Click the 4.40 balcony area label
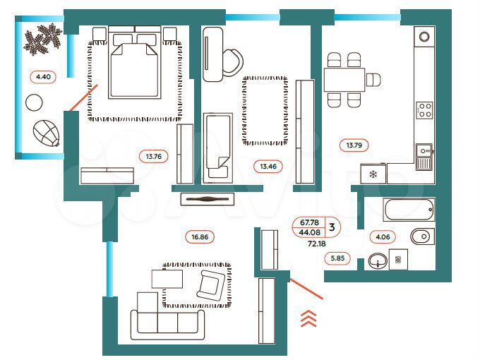pyautogui.click(x=40, y=76)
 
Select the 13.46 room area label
pyautogui.click(x=267, y=167)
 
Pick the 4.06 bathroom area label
pyautogui.click(x=382, y=237)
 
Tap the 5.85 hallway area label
pyautogui.click(x=340, y=259)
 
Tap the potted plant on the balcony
pyautogui.click(x=42, y=40)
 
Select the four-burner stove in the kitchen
pyautogui.click(x=424, y=109)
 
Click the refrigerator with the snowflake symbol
pyautogui.click(x=372, y=174)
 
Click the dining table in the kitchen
pyautogui.click(x=344, y=79)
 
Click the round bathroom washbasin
pyautogui.click(x=378, y=261)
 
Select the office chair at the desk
pyautogui.click(x=231, y=62)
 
